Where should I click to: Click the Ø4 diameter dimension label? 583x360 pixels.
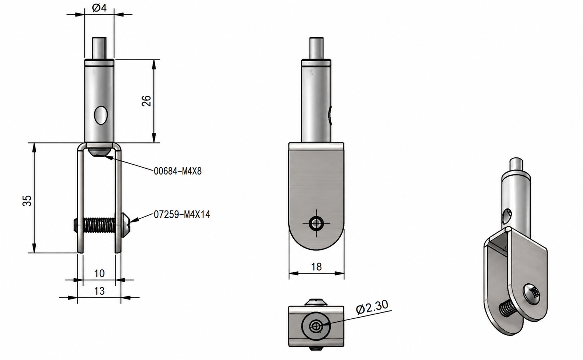coord(99,8)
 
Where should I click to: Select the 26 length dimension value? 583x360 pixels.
coord(146,101)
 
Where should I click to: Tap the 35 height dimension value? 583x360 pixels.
coord(27,200)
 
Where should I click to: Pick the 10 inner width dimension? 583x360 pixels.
coord(99,273)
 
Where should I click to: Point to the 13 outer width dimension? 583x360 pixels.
coord(99,291)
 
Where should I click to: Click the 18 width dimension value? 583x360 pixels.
coord(316,267)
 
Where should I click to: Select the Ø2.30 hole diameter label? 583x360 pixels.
coord(372,307)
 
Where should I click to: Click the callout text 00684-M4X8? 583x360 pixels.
coord(178,171)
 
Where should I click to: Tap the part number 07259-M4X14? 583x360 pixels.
coord(182,214)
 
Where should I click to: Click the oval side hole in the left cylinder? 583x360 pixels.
coord(101,115)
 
